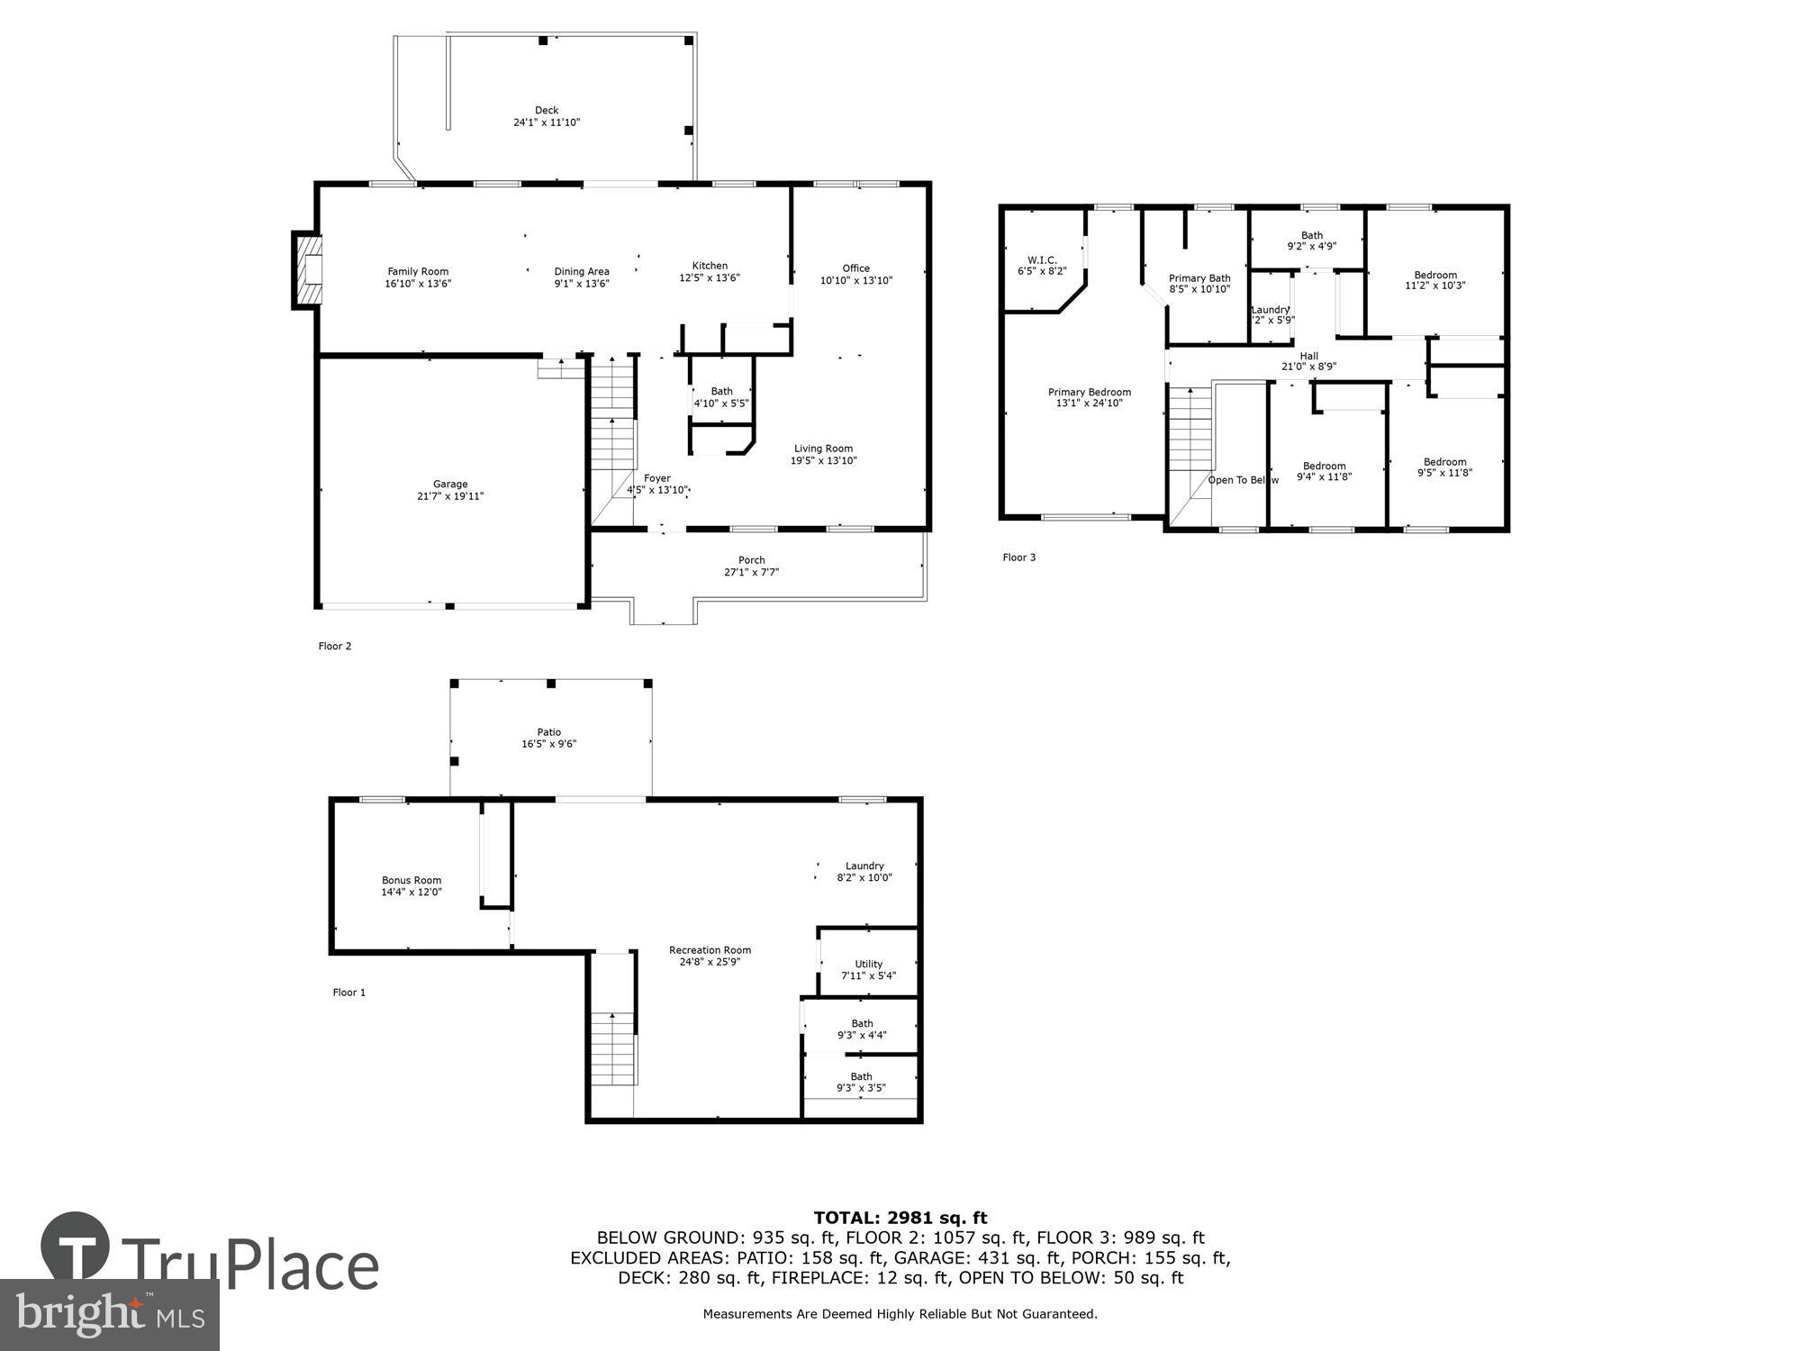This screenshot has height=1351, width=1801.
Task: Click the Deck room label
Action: [547, 111]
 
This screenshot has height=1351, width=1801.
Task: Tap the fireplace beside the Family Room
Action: [307, 270]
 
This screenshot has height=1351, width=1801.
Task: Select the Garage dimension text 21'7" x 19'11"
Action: [450, 496]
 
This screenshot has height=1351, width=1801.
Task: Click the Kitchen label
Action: [710, 266]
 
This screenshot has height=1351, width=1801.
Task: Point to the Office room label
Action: [855, 268]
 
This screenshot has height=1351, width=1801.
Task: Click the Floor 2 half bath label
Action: [721, 392]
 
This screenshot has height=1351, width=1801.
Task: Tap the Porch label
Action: [751, 560]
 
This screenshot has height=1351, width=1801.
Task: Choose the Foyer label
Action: [657, 478]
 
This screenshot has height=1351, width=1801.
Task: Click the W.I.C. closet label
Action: [1042, 260]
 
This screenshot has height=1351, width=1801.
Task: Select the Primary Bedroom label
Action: [1089, 393]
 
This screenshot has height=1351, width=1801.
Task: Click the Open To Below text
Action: [1243, 480]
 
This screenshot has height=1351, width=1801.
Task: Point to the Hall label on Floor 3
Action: [1308, 357]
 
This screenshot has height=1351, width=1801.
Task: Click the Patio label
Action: [549, 732]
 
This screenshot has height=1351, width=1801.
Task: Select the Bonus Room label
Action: [412, 881]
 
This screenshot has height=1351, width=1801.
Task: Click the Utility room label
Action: [868, 964]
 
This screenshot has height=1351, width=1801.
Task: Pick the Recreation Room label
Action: [710, 950]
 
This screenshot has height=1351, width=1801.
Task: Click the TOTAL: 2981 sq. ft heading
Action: [900, 1218]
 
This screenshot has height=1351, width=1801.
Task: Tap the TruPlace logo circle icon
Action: [76, 1247]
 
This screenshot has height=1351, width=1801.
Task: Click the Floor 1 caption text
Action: [349, 993]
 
